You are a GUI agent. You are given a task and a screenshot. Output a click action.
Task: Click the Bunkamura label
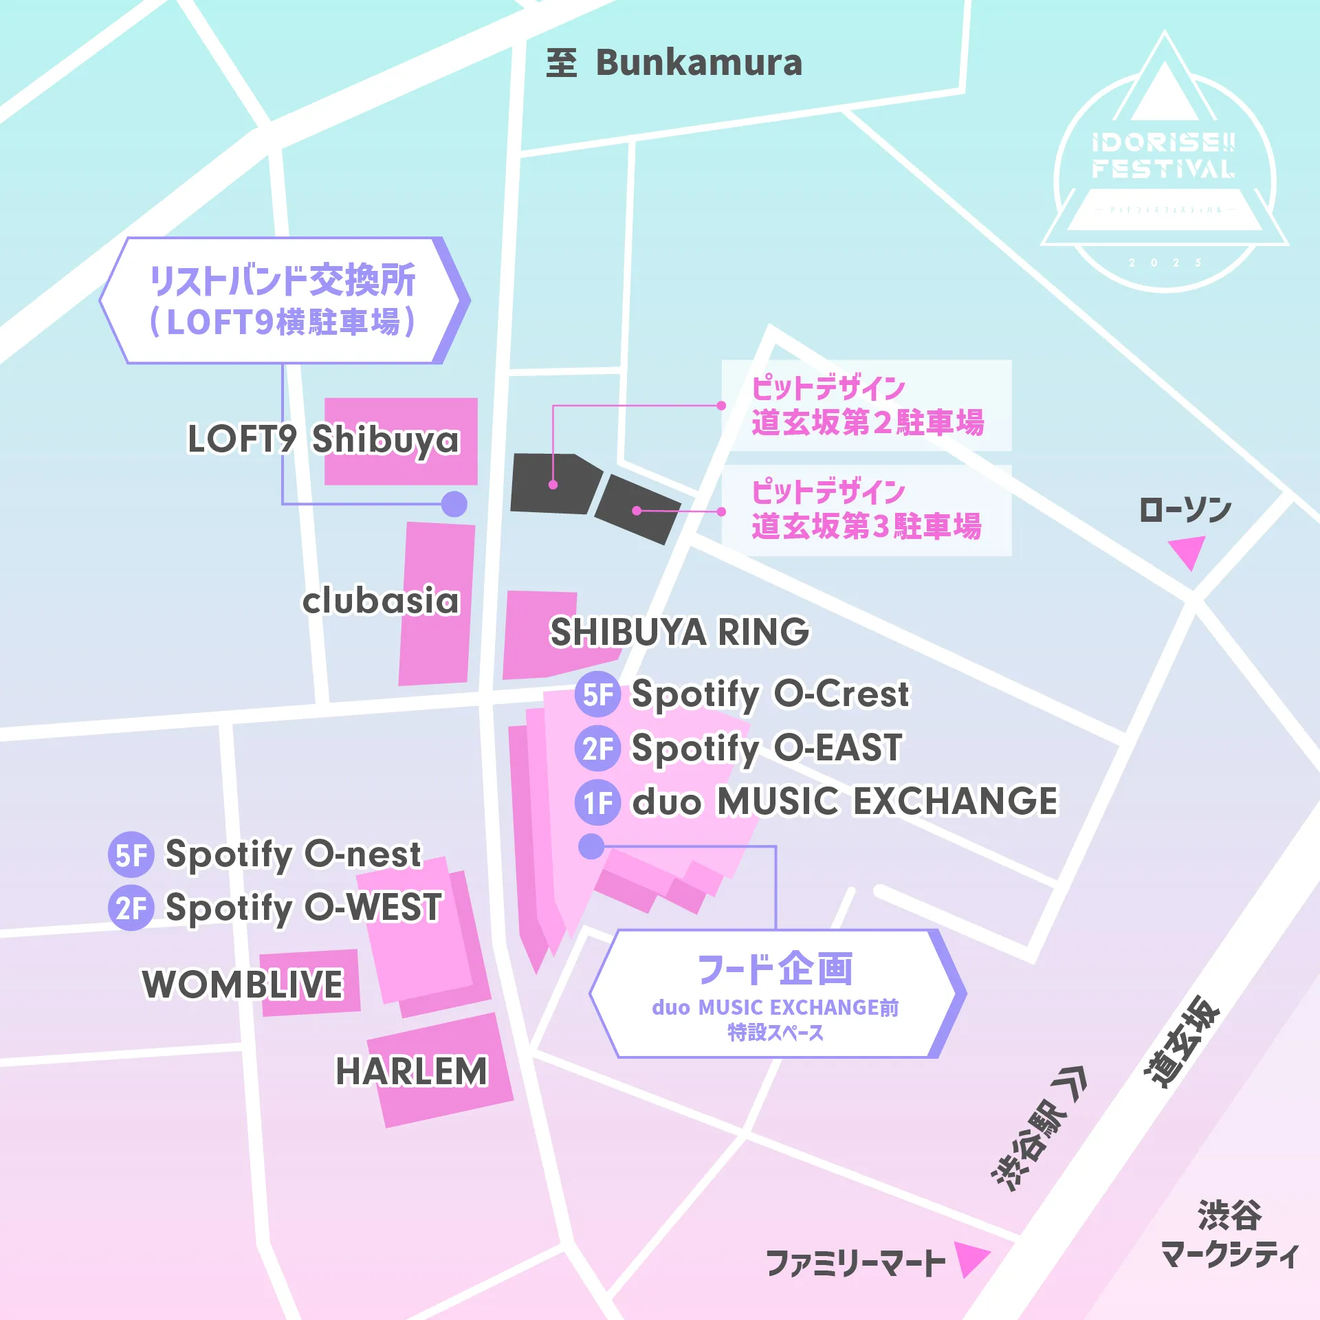coord(698,63)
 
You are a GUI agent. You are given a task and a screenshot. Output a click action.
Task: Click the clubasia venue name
coord(380,600)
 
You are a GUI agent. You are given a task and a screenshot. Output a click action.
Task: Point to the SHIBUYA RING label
coord(679,632)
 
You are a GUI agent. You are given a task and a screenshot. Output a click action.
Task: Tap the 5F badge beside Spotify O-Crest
coord(597,694)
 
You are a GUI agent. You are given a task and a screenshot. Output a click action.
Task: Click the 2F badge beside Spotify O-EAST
coord(597,749)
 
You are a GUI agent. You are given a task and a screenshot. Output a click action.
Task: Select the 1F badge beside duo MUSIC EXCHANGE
coord(597,802)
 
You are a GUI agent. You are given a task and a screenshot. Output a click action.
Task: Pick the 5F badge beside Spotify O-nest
coord(131,855)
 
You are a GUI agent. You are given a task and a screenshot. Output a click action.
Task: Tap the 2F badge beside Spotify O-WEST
coord(131,908)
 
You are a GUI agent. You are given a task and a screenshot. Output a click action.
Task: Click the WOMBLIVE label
coord(242,984)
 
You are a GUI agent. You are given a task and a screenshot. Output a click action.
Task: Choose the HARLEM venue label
coord(411,1071)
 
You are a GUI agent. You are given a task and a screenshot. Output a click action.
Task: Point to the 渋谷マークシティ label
coord(1229,1234)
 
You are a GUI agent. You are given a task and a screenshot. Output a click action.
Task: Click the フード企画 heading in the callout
coord(775,969)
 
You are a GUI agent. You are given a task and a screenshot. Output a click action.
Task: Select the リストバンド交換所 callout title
coord(283,280)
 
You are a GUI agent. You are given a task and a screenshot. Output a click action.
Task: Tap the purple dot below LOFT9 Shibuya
coord(454,504)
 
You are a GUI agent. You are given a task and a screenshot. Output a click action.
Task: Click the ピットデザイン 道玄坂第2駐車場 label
coord(866,406)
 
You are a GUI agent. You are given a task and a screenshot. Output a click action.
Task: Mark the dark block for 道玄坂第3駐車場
coord(637,509)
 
